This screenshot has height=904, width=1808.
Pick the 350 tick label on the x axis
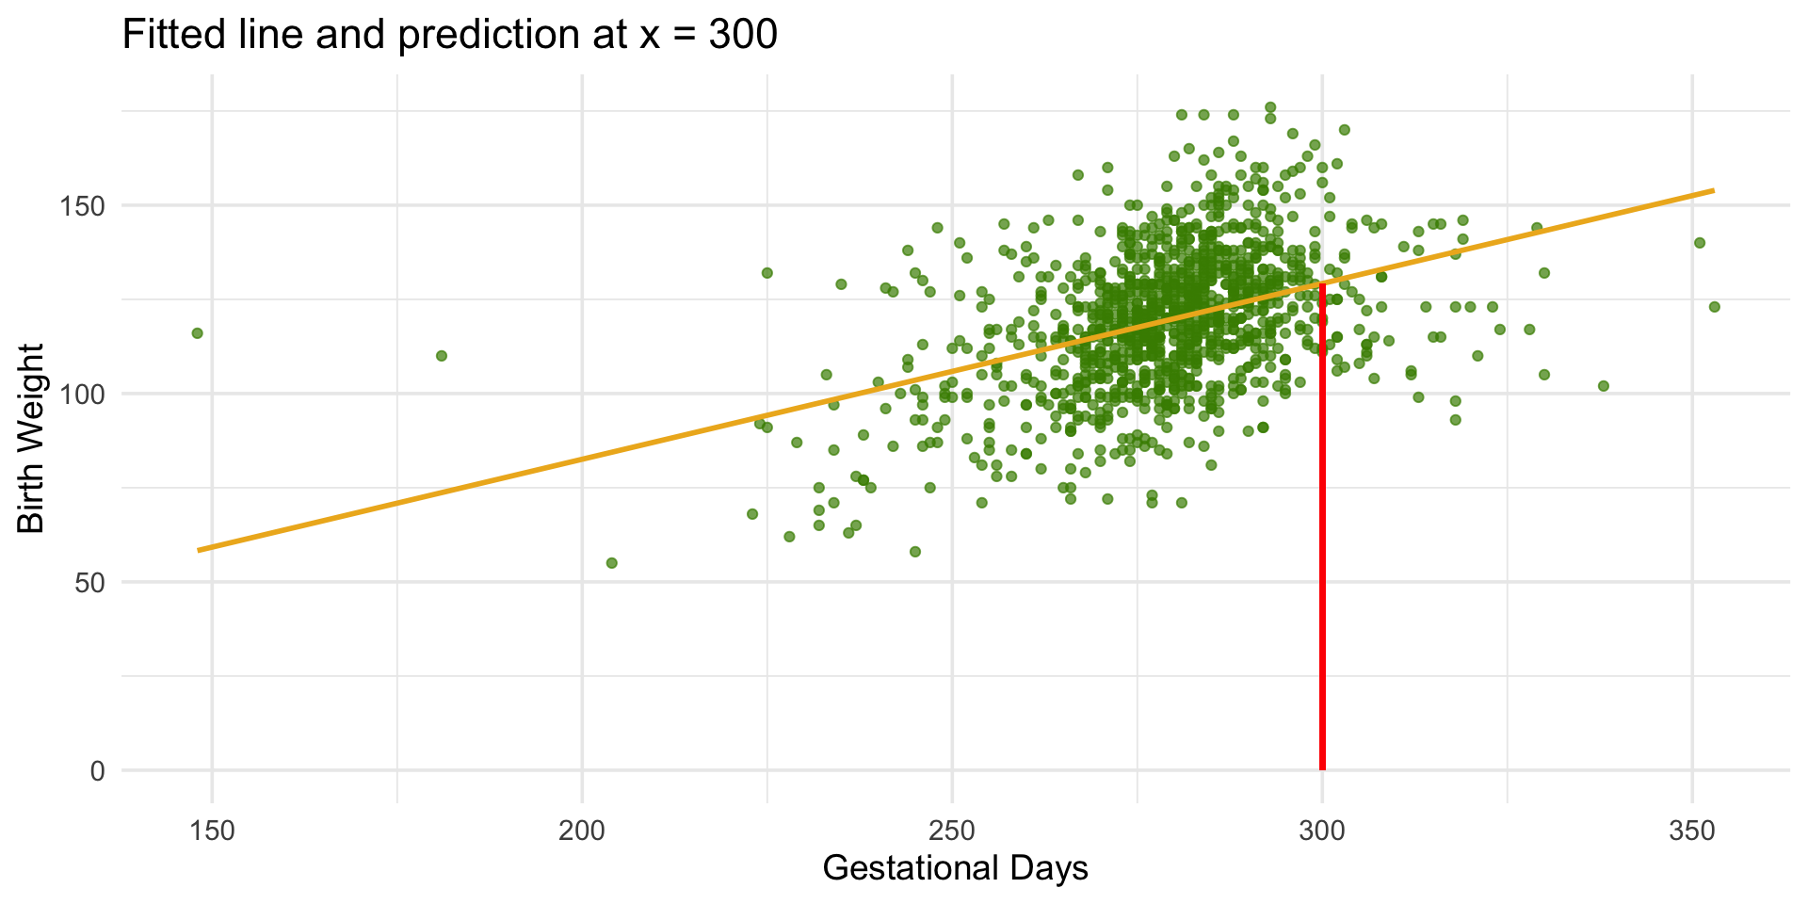pyautogui.click(x=1692, y=831)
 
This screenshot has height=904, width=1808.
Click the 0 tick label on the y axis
pyautogui.click(x=98, y=771)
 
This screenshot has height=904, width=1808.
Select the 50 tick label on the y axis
pyautogui.click(x=90, y=583)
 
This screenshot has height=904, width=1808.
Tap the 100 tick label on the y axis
pyautogui.click(x=83, y=394)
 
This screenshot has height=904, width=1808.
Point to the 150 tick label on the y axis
pyautogui.click(x=83, y=205)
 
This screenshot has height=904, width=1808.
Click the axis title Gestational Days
pyautogui.click(x=955, y=868)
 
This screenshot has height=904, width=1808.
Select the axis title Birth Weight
pyautogui.click(x=31, y=438)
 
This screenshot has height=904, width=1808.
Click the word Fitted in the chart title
pyautogui.click(x=168, y=35)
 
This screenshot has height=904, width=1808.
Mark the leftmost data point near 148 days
pyautogui.click(x=197, y=333)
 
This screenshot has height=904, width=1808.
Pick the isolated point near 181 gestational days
pyautogui.click(x=441, y=356)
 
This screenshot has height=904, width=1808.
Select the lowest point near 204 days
pyautogui.click(x=611, y=563)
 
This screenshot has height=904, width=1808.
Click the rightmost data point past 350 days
pyautogui.click(x=1714, y=307)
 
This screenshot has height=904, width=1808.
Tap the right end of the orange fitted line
pyautogui.click(x=1713, y=191)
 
